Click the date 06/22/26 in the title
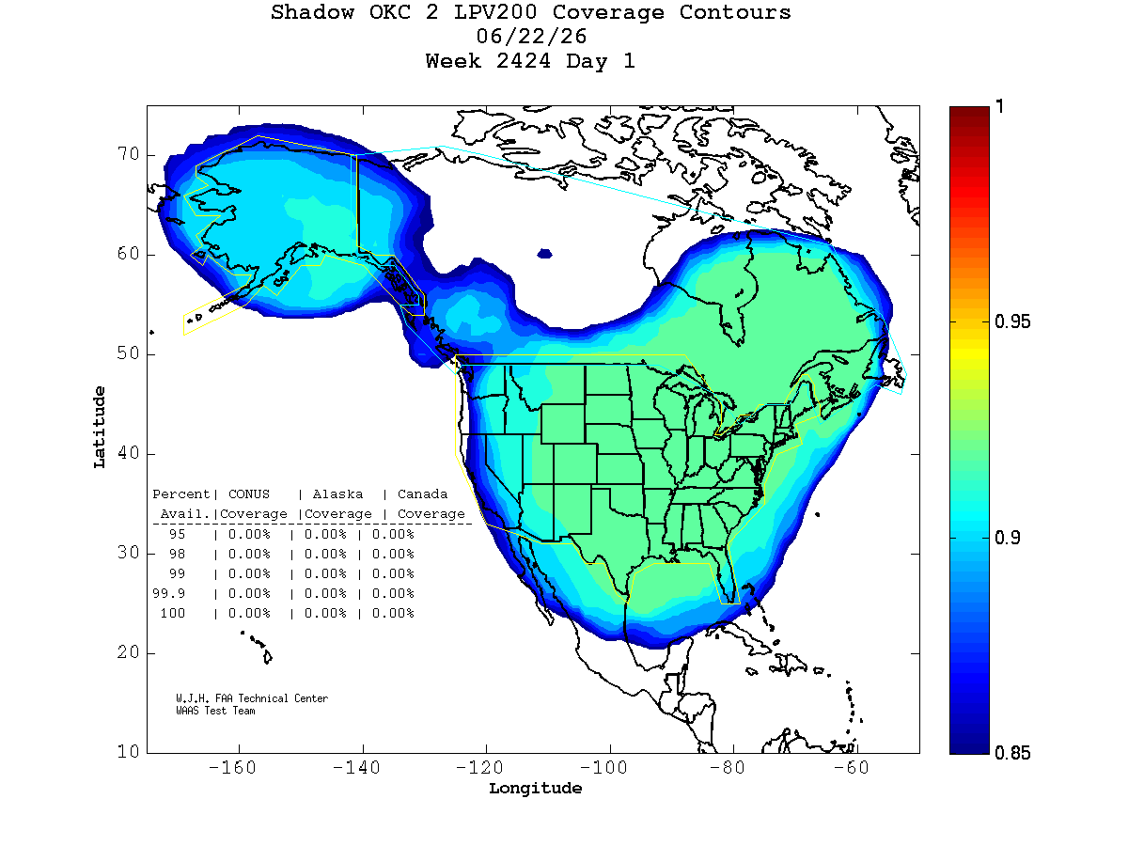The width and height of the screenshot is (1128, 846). [531, 37]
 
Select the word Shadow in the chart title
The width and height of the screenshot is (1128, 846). [312, 12]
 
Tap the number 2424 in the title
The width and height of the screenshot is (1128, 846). [524, 61]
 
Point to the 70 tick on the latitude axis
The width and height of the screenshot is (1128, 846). [129, 153]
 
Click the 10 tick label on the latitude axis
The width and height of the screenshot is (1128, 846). [129, 751]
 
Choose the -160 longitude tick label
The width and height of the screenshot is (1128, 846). [232, 768]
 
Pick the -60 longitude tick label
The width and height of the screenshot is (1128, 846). [851, 768]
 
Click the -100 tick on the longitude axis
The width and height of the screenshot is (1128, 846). [603, 768]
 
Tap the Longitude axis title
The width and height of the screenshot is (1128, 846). [535, 789]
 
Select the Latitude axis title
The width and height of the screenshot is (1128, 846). [100, 428]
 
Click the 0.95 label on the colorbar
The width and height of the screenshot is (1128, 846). [1012, 321]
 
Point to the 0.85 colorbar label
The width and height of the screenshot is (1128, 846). [1012, 753]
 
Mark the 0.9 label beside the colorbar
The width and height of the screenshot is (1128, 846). [1008, 538]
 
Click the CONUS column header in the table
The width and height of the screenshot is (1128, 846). [249, 494]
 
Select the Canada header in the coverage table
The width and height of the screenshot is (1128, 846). [422, 494]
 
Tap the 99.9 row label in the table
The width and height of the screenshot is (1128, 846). [168, 593]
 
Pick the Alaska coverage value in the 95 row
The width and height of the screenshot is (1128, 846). [325, 534]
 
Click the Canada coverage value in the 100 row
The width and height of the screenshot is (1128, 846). [393, 613]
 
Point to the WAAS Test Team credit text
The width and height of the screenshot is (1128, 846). [215, 711]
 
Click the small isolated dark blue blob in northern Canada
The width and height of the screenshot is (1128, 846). [544, 254]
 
